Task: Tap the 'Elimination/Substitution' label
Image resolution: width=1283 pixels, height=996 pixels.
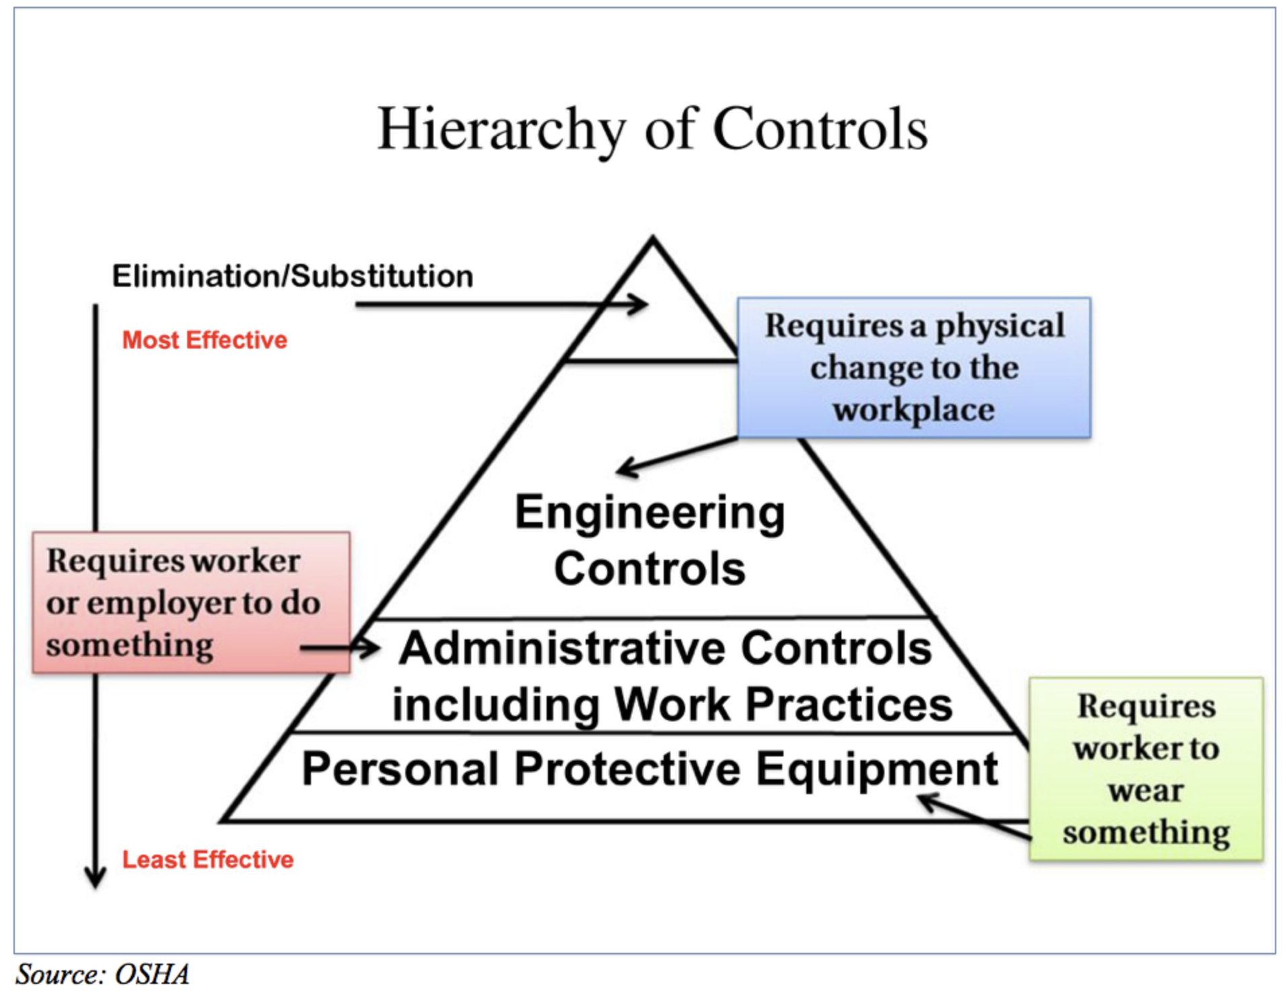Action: [x=293, y=276]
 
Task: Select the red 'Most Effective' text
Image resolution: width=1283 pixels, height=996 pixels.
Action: [x=205, y=340]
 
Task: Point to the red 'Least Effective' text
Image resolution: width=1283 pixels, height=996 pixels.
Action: [x=207, y=859]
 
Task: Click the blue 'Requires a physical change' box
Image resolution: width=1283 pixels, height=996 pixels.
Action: [x=913, y=367]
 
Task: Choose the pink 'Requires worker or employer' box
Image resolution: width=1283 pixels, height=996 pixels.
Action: [x=191, y=602]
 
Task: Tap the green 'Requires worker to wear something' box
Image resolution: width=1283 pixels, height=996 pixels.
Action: [x=1146, y=769]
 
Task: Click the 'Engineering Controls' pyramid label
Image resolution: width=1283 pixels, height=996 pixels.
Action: [x=650, y=540]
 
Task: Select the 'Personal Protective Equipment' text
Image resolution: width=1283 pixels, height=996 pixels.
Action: [x=650, y=769]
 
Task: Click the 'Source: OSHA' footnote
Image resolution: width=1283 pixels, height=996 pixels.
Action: [x=102, y=974]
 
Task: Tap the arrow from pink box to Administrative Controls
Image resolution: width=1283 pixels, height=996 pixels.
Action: [x=340, y=648]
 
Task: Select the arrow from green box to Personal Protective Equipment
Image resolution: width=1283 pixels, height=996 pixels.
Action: [x=974, y=817]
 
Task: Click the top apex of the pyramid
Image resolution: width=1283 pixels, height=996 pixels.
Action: [x=652, y=237]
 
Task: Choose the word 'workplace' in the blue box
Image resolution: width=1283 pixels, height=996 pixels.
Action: [x=913, y=409]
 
